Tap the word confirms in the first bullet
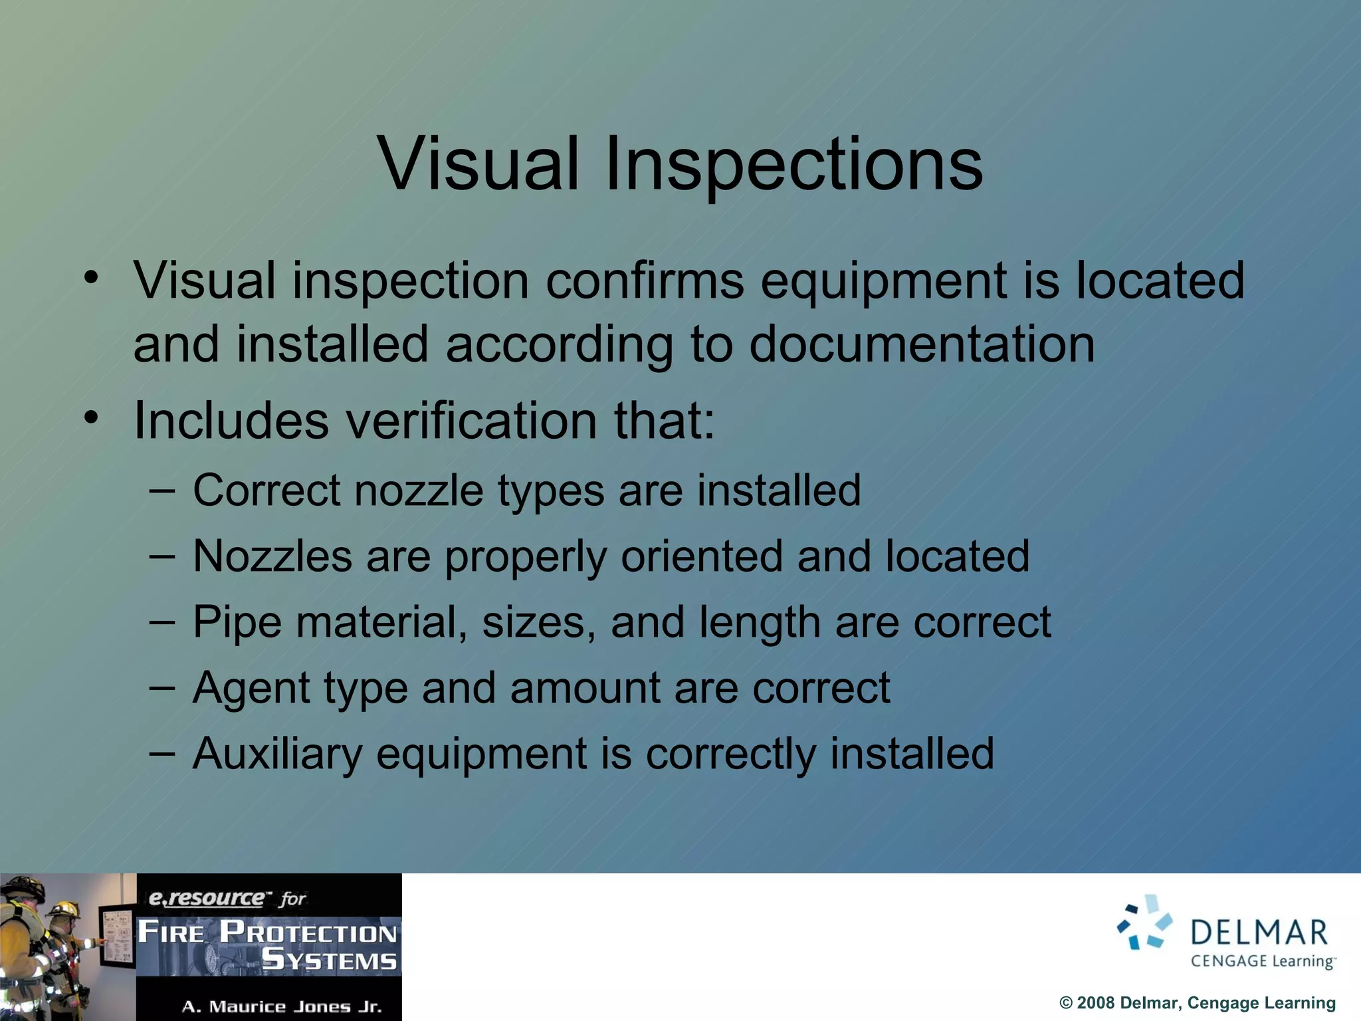645,281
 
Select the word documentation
922,344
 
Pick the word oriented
701,556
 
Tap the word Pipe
237,623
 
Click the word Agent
251,689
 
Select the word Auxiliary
277,754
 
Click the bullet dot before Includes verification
91,417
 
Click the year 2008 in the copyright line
1096,1003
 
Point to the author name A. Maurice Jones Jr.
282,1006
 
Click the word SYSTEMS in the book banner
329,961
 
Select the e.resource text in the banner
206,898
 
